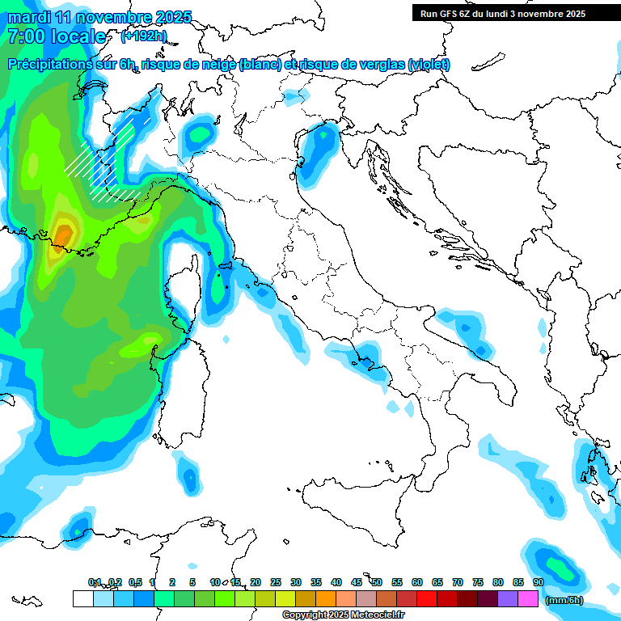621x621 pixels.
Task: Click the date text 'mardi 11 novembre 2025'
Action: click(99, 17)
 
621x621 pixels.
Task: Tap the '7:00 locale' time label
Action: click(57, 36)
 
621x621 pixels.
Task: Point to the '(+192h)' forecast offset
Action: click(144, 36)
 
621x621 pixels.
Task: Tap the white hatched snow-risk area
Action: click(109, 162)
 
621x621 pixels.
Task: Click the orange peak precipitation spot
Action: click(63, 234)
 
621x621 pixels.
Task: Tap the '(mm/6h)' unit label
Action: click(564, 599)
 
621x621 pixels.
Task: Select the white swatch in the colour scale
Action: click(82, 599)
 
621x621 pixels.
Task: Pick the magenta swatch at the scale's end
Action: click(528, 599)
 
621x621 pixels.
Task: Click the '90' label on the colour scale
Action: click(538, 582)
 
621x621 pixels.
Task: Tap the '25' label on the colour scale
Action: click(275, 582)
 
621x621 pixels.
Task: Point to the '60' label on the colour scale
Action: click(417, 582)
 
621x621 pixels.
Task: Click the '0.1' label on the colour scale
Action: click(95, 582)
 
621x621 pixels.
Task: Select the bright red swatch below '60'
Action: click(427, 599)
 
